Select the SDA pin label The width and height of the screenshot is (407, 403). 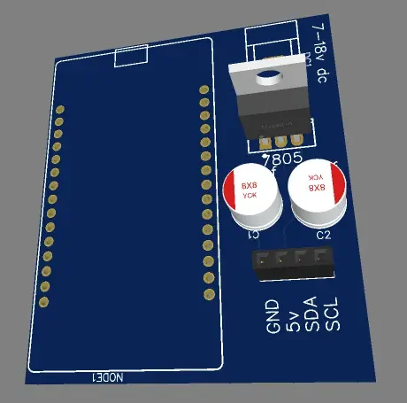(x=311, y=314)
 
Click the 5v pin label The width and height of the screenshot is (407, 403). (x=294, y=314)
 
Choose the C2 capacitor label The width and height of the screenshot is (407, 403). (x=323, y=235)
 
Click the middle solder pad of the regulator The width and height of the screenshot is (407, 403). (x=281, y=140)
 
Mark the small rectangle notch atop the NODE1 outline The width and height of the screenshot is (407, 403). (x=131, y=58)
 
